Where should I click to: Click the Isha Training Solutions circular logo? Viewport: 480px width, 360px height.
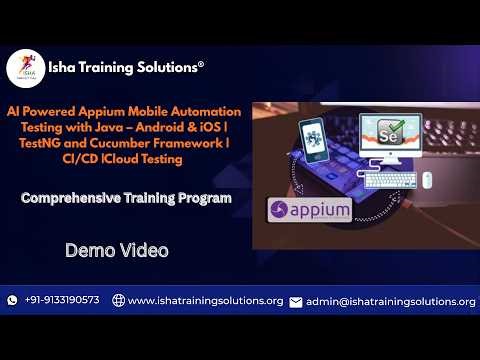click(x=25, y=68)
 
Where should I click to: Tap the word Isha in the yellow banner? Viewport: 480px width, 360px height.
click(x=66, y=67)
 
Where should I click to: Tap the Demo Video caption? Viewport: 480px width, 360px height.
click(x=102, y=249)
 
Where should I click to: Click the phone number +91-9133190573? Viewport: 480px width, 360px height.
click(x=62, y=301)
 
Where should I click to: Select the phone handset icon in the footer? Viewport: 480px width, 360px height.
click(x=13, y=301)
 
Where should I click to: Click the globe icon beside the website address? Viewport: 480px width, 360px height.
click(x=118, y=301)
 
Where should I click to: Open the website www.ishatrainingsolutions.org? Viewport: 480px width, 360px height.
click(x=206, y=301)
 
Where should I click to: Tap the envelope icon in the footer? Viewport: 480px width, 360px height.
click(x=295, y=301)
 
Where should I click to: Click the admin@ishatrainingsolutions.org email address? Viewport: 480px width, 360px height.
click(x=390, y=301)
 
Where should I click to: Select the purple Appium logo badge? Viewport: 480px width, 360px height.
click(x=310, y=211)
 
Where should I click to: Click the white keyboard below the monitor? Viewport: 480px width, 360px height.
click(x=391, y=181)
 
